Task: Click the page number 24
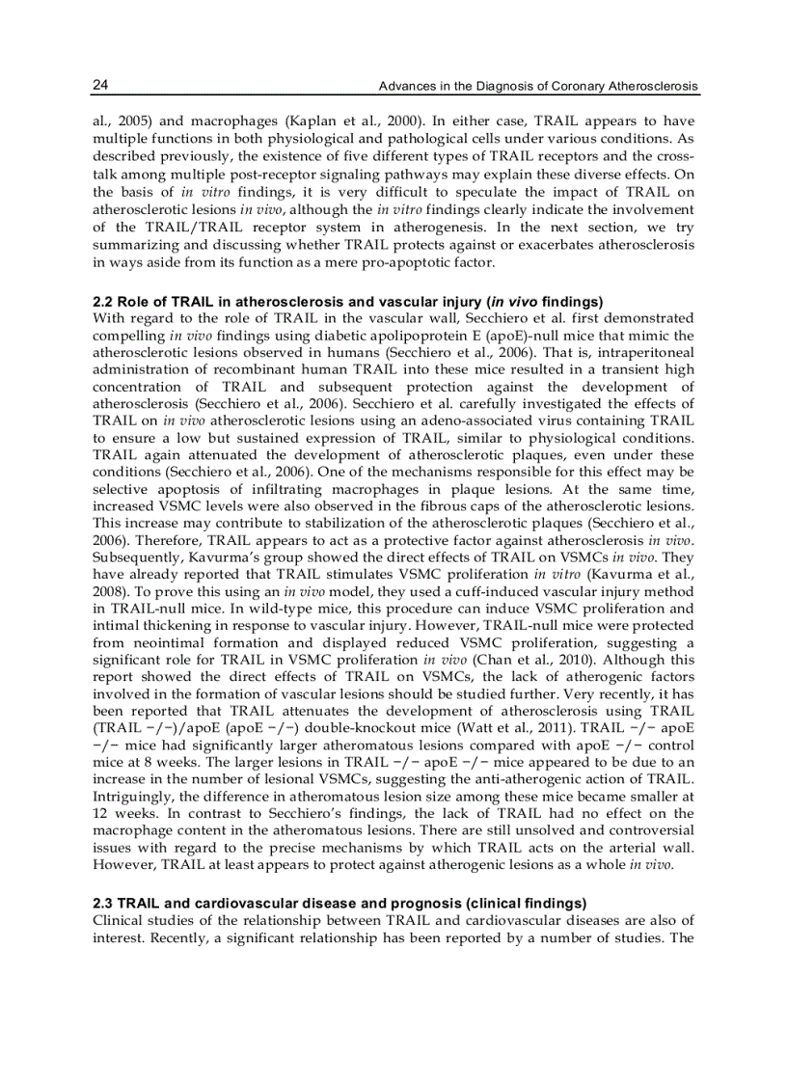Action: click(x=99, y=87)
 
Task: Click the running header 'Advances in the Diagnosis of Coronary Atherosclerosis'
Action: click(x=537, y=87)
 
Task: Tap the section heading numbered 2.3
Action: click(x=339, y=903)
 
